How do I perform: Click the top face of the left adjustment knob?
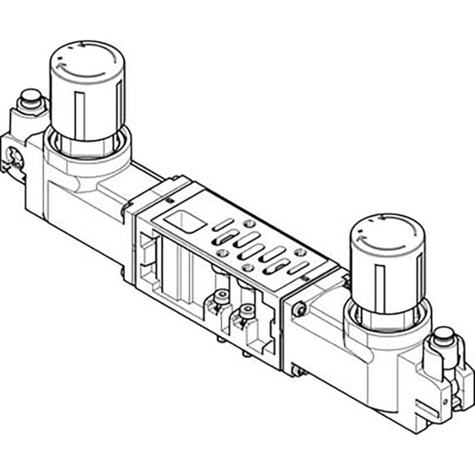[x=85, y=54]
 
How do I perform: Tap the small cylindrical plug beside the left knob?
[x=29, y=102]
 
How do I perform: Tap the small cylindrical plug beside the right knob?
[x=443, y=335]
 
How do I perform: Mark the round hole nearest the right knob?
[x=299, y=253]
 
